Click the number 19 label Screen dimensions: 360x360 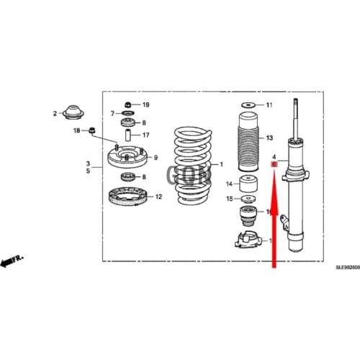click(x=145, y=105)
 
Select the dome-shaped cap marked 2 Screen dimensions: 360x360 click(x=72, y=113)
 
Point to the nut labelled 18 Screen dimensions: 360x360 click(x=92, y=130)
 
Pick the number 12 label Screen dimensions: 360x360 click(x=158, y=197)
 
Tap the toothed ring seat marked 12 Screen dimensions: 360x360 click(x=127, y=197)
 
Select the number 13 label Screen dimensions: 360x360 click(x=269, y=138)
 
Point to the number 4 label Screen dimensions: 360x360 click(x=274, y=156)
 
